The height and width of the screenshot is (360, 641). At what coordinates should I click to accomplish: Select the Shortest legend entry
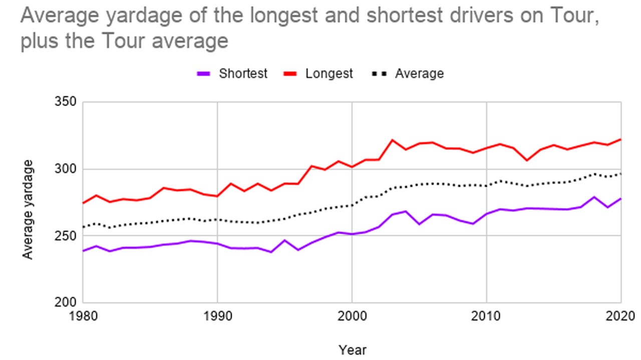click(232, 74)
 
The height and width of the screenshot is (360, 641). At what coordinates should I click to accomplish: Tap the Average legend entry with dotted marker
click(408, 74)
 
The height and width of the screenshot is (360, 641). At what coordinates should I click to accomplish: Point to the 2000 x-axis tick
click(352, 316)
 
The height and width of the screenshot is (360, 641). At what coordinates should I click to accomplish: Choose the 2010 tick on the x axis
click(486, 316)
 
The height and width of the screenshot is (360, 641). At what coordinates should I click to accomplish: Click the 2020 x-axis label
click(620, 316)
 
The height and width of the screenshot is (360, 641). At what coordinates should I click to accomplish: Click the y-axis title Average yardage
click(29, 209)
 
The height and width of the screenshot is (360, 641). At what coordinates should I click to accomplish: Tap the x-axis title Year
click(352, 349)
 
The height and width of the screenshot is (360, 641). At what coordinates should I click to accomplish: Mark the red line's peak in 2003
click(392, 140)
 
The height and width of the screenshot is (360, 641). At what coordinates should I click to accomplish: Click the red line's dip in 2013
click(527, 160)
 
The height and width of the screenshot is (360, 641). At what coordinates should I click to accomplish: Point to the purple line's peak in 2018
click(594, 197)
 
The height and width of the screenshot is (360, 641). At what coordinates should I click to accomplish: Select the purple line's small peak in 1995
click(284, 240)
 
